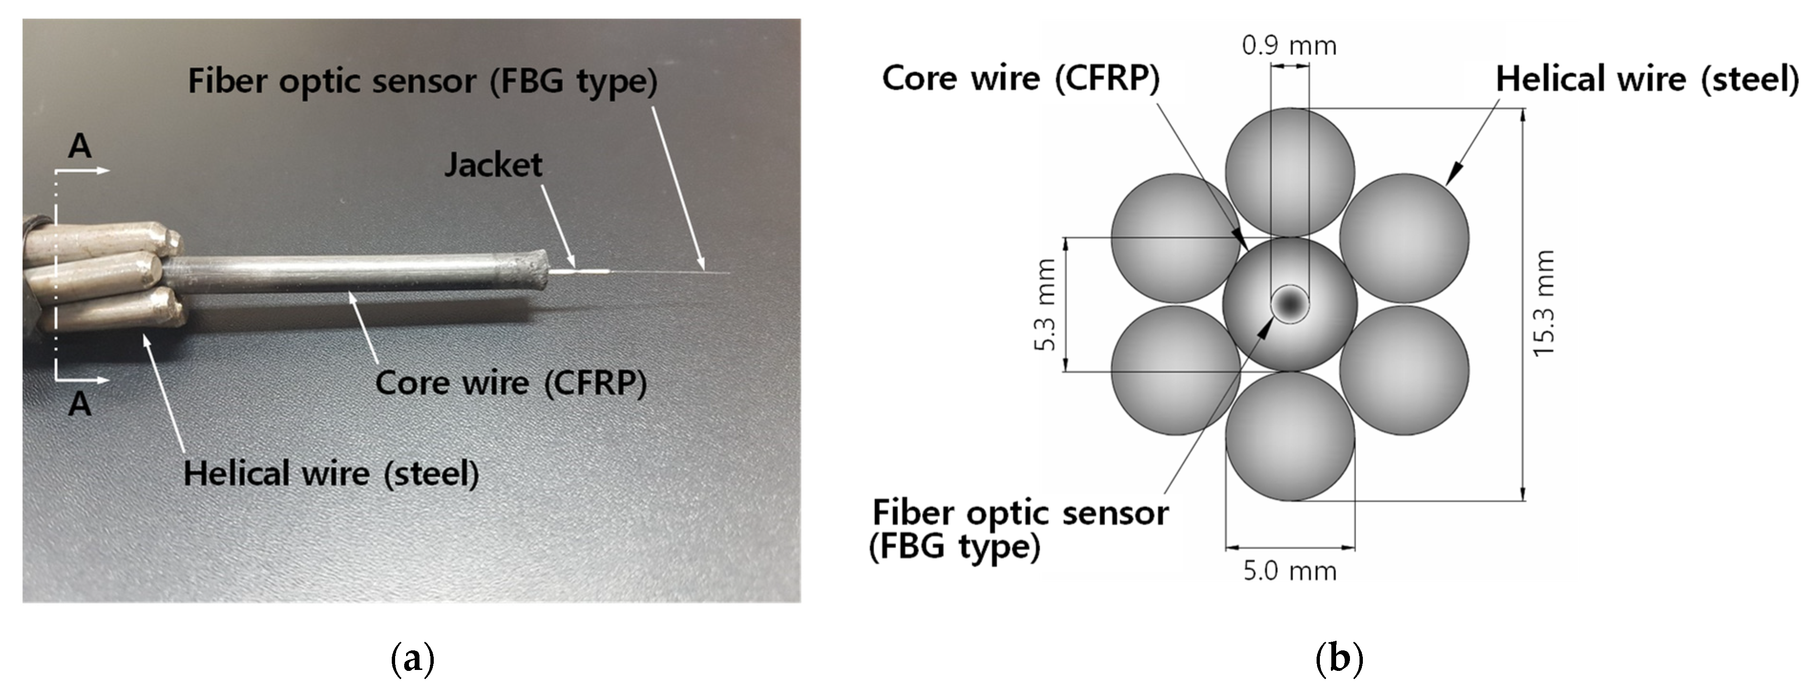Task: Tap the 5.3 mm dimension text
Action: tap(1045, 305)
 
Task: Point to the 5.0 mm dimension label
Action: tap(1289, 571)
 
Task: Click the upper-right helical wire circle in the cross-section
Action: tap(1404, 238)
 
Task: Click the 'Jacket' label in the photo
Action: tap(493, 165)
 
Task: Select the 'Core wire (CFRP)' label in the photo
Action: tap(511, 383)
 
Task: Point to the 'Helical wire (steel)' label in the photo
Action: tap(331, 473)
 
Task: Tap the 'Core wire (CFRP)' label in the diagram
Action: tap(1021, 78)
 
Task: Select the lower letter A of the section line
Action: tap(80, 404)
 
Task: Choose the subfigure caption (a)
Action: tap(412, 659)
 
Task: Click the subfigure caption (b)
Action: tap(1339, 659)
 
